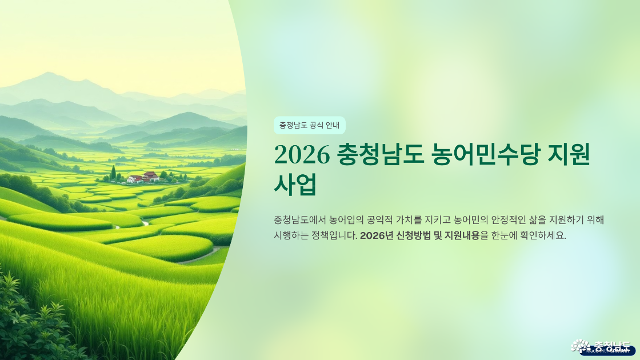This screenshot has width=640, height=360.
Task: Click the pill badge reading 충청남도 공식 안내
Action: [x=309, y=125]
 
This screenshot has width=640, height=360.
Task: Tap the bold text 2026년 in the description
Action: [x=376, y=236]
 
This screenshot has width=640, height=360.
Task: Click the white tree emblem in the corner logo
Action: [x=581, y=346]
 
